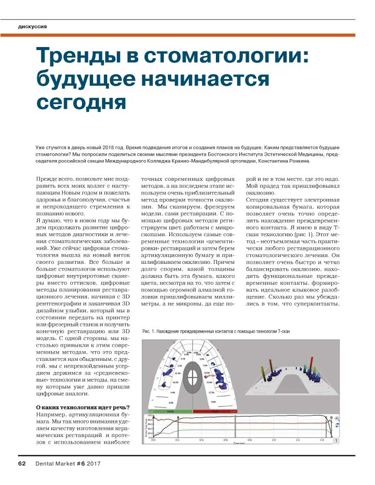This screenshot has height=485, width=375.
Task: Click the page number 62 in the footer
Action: point(22,464)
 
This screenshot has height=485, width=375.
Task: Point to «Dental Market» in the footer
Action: point(55,464)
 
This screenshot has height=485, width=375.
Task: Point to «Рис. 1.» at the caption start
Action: point(151,331)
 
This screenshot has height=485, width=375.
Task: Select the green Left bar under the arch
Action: point(170,411)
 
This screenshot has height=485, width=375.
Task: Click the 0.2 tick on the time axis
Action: point(178,440)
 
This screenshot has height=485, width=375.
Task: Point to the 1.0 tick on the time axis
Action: point(274,440)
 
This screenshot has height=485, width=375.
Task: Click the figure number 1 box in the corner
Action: point(336,440)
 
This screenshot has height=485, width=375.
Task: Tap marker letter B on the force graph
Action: point(178,417)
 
